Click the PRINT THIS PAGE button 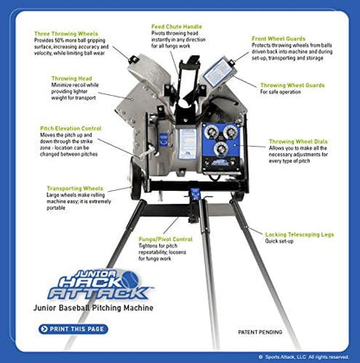click(x=79, y=328)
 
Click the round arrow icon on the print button click(x=43, y=328)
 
